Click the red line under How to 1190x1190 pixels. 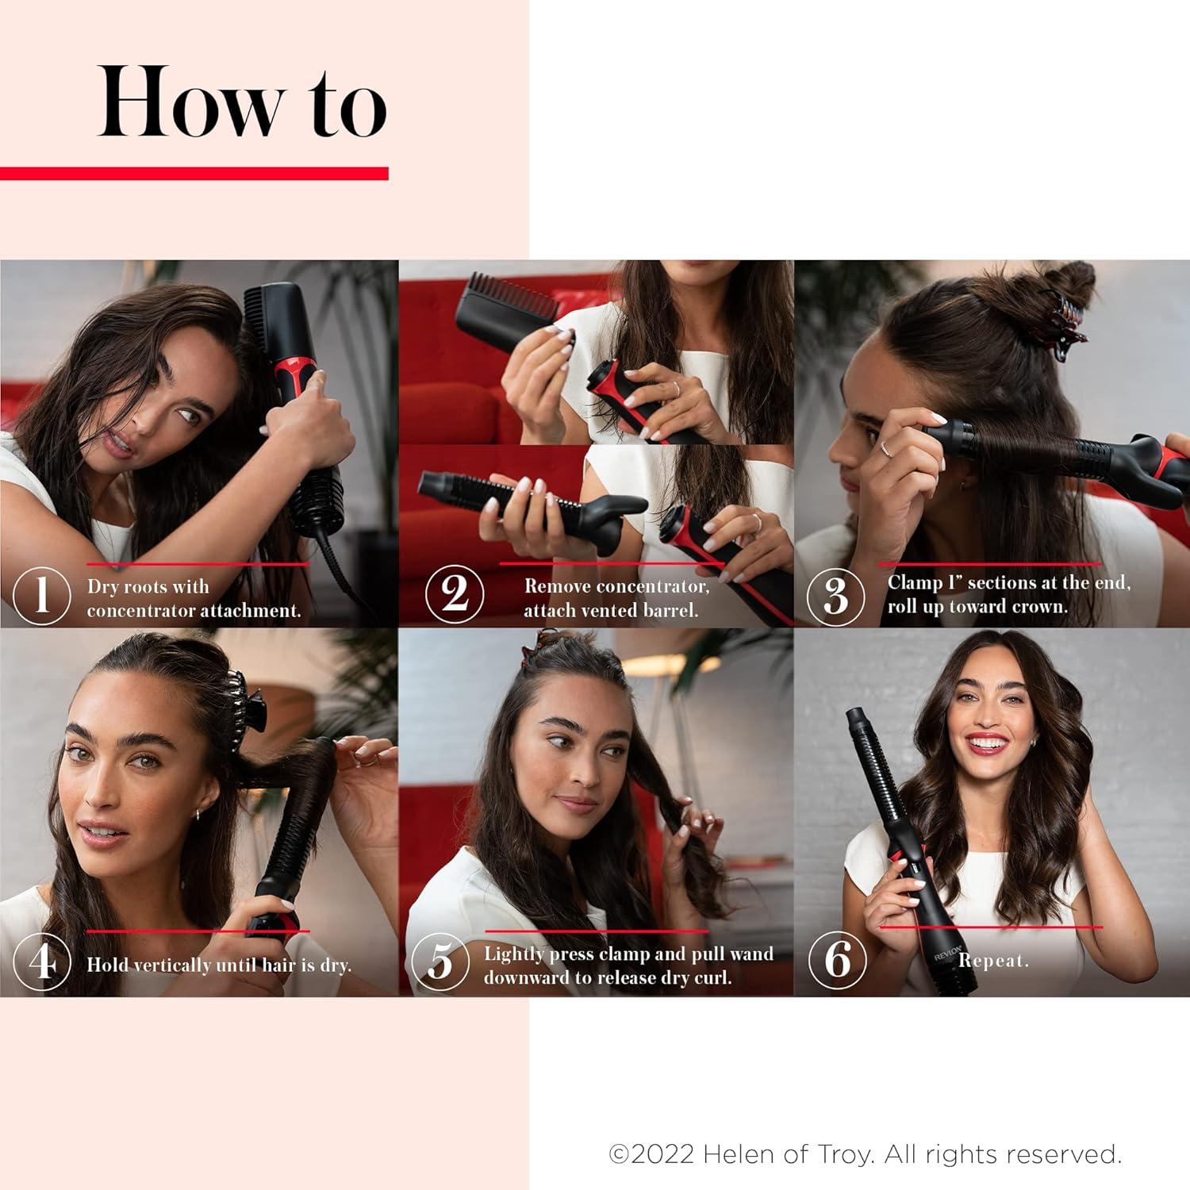(194, 173)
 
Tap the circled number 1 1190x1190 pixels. (42, 595)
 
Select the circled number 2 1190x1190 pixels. (454, 593)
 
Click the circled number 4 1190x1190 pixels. (42, 962)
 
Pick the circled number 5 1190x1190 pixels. (440, 962)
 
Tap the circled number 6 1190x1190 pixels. (837, 960)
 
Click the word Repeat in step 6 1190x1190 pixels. (992, 961)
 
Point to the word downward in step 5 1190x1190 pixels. (520, 978)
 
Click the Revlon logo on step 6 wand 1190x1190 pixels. (948, 952)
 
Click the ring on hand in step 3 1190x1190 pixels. (886, 449)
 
